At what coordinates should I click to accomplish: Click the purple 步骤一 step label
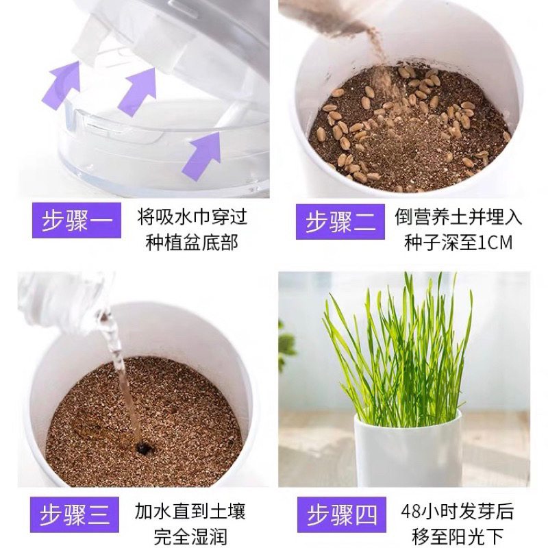77,220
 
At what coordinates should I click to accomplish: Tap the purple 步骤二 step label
340,222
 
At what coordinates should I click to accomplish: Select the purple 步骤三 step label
75,514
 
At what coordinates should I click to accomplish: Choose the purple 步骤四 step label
342,514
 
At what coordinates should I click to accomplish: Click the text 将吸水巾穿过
192,217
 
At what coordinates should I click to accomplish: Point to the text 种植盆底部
192,242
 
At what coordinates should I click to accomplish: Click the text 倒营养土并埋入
458,216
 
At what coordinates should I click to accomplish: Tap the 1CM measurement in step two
495,242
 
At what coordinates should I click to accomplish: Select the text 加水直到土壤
190,511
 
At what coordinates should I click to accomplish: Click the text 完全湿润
190,537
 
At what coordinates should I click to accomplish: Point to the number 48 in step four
410,512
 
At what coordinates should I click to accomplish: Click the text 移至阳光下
458,537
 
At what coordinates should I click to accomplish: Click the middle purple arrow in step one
137,92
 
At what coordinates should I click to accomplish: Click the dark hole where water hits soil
142,447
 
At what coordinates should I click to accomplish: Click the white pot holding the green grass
408,451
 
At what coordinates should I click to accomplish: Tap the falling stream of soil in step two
375,53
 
